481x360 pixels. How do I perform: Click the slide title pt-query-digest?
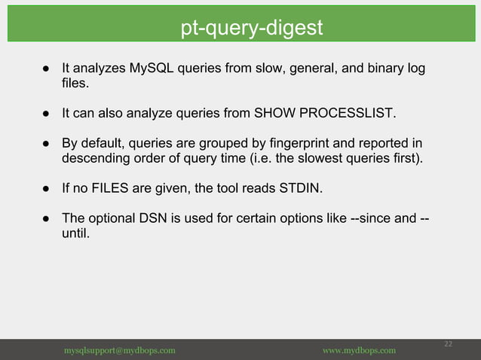point(252,28)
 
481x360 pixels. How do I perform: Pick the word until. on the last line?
point(75,233)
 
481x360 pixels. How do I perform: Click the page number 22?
point(448,343)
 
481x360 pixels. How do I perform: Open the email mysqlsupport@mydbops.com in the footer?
point(120,351)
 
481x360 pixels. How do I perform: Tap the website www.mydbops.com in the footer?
point(359,351)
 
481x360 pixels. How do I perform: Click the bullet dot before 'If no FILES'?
point(45,189)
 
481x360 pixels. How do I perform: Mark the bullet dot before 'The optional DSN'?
point(45,219)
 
